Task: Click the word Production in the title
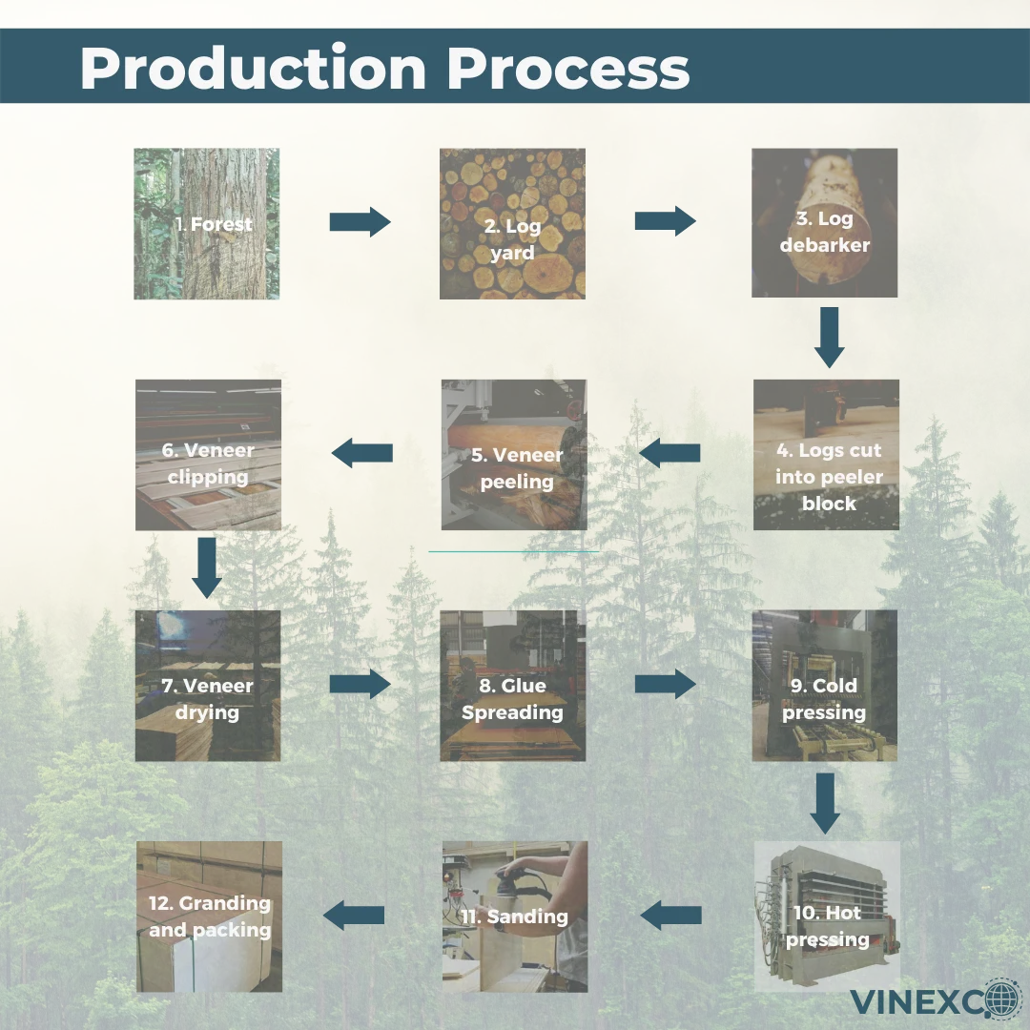(x=254, y=69)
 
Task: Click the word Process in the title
(x=568, y=69)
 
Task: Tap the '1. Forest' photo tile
(x=207, y=224)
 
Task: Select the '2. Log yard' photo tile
(x=512, y=224)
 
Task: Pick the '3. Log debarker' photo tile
(x=825, y=223)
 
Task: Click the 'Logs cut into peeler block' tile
(x=827, y=455)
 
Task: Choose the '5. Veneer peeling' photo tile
(x=514, y=455)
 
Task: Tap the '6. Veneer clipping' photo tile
(x=208, y=455)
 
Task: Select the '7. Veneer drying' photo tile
(x=208, y=686)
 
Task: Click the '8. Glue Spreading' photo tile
(x=513, y=686)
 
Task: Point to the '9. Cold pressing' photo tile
(x=825, y=686)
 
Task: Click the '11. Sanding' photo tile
(x=515, y=917)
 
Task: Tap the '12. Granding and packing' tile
(x=210, y=917)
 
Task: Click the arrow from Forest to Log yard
(x=360, y=222)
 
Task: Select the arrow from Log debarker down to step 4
(x=829, y=337)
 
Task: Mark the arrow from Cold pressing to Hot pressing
(x=825, y=801)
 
